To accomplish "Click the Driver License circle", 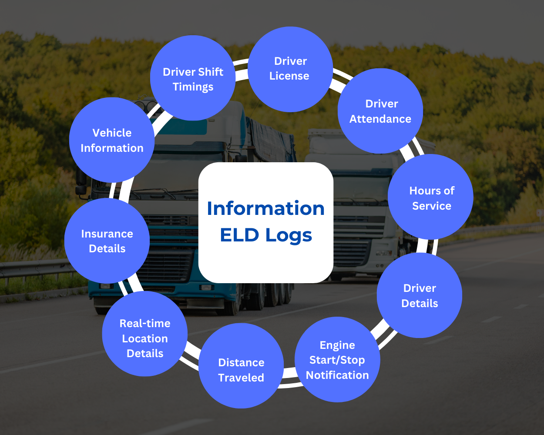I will tap(290, 69).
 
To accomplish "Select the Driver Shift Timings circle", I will tap(193, 78).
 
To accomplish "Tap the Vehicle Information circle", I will tap(112, 140).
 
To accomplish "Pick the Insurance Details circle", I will tap(107, 241).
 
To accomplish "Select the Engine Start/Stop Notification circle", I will tap(337, 360).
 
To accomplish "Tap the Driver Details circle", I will tap(420, 295).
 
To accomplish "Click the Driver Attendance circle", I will tap(380, 111).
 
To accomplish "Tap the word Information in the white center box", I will tap(265, 208).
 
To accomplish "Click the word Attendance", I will tap(380, 119).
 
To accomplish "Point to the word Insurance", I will tap(107, 234).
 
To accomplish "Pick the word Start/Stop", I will tap(337, 360).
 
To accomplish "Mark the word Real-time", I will tap(145, 323).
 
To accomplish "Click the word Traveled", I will tap(241, 378).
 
